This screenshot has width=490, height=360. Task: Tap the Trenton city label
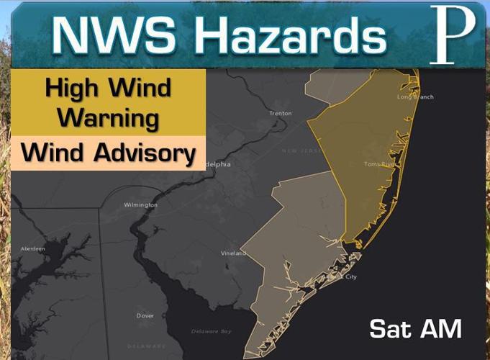coord(280,114)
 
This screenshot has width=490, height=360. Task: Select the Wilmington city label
coord(140,205)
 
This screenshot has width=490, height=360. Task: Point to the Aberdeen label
coord(32,249)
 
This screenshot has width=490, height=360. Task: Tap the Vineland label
coord(233,254)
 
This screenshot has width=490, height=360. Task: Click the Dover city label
coord(145,316)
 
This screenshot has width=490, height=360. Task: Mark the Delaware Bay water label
coord(211,331)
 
